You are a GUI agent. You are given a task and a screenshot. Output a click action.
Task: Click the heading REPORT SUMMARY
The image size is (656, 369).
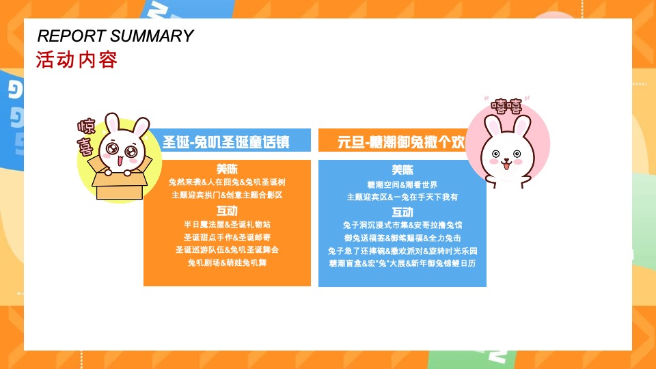[x=115, y=36]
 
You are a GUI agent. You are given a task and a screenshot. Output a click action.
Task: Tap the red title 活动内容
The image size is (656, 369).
[x=77, y=60]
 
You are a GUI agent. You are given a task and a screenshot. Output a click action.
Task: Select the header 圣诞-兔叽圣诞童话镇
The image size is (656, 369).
[x=225, y=142]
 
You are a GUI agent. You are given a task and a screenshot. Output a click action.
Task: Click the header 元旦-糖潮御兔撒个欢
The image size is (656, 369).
[x=402, y=142]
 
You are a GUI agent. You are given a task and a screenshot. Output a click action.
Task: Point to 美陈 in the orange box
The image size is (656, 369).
[x=227, y=169]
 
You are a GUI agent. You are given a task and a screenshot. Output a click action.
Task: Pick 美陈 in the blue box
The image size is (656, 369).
[x=402, y=169]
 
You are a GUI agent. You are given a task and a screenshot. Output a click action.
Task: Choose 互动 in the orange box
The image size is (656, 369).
[x=227, y=210]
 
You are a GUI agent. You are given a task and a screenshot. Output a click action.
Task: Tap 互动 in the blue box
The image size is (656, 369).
[x=402, y=212]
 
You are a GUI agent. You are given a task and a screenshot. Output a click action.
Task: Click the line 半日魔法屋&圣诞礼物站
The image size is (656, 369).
[x=227, y=224]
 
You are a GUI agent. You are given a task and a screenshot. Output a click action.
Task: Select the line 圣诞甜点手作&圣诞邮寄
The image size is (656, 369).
[x=227, y=237]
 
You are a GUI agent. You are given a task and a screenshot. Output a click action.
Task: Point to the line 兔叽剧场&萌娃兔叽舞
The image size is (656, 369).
[x=227, y=263]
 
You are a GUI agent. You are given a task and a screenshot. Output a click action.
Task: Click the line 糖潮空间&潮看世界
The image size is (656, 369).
[x=402, y=184]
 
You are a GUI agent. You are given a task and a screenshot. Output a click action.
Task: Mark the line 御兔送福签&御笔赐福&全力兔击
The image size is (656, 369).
[x=402, y=238]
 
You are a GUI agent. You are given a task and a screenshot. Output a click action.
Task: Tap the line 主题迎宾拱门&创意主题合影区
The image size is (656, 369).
[x=227, y=195]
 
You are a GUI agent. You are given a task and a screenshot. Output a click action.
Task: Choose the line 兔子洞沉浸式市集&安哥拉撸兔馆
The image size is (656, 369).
[x=402, y=225]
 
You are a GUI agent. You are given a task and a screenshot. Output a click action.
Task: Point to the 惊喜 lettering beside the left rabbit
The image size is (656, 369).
[x=87, y=137]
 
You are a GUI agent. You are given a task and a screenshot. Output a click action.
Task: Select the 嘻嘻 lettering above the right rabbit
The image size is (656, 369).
[x=506, y=105]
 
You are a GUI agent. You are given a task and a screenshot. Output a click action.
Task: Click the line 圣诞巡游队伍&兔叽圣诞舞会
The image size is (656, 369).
[x=227, y=250]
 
